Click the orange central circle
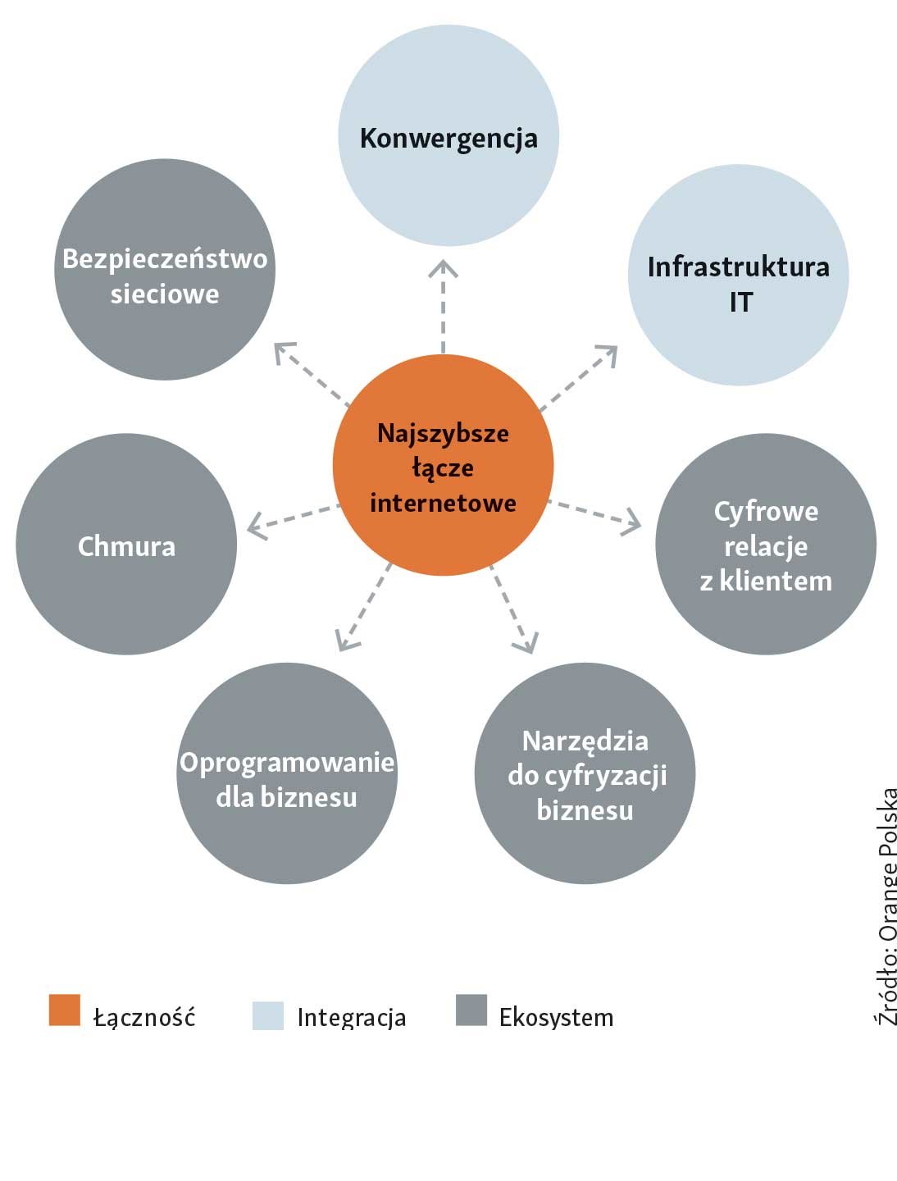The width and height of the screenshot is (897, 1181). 443,466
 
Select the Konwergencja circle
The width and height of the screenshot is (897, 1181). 448,136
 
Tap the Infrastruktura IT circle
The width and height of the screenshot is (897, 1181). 738,275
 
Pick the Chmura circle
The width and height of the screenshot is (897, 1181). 126,545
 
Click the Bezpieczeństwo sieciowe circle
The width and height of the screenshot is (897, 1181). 165,270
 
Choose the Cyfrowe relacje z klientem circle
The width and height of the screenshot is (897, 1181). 765,545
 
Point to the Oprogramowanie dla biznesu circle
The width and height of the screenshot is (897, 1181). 287,773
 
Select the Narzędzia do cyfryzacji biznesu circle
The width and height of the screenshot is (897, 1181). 585,773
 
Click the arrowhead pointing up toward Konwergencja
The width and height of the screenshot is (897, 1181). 443,269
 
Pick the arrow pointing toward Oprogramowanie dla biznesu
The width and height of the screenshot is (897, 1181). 363,608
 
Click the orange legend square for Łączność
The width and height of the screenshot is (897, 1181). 65,1010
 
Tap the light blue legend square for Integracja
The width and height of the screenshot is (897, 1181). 268,1015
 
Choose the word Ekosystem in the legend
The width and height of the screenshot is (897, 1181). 556,1018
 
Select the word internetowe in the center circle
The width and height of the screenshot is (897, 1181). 443,502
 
